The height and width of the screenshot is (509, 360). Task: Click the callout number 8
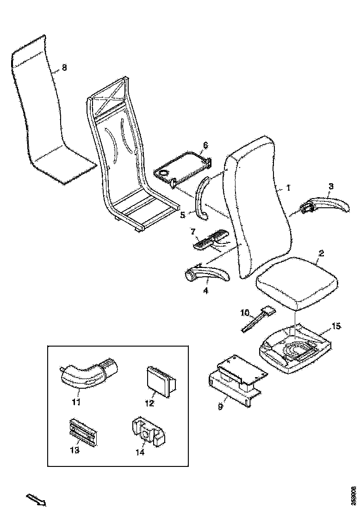point(64,68)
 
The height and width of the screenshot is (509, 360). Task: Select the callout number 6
point(205,145)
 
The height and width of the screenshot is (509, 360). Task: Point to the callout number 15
point(337,326)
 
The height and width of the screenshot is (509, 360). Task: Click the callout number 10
point(246,313)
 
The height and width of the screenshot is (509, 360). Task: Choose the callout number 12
point(149,403)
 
